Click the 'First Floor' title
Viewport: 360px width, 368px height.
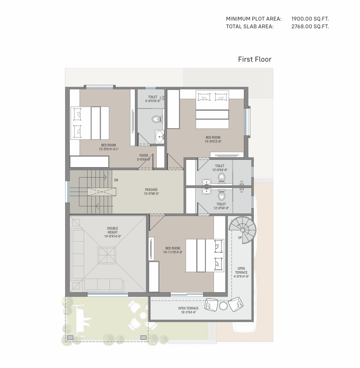tap(255, 59)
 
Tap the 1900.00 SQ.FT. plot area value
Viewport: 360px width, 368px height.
tap(310, 19)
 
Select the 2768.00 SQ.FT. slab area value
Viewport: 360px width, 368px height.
tap(310, 26)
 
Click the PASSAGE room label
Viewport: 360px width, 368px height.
tap(151, 189)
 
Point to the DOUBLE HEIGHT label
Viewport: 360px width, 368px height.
tap(113, 230)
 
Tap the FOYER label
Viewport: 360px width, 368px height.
tap(144, 155)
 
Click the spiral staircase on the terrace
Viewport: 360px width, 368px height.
tap(243, 230)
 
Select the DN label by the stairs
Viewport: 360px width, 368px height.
tap(116, 180)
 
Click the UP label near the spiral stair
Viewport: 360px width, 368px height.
tap(240, 238)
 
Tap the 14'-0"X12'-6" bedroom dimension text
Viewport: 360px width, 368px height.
tap(213, 142)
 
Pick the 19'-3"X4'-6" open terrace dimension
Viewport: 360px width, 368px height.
tap(188, 312)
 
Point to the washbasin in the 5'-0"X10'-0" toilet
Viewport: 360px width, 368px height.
tap(160, 137)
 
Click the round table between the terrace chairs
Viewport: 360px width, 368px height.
tap(223, 306)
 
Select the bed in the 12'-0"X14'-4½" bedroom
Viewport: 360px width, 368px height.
tap(90, 123)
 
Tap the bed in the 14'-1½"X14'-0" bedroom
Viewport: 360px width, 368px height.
tap(205, 255)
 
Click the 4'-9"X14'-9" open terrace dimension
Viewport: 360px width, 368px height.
tap(241, 276)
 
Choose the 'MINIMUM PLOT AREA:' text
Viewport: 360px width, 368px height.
tap(254, 19)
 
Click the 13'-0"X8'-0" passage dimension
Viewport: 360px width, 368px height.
tap(151, 194)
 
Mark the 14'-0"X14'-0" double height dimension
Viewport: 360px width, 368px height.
tap(113, 236)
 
